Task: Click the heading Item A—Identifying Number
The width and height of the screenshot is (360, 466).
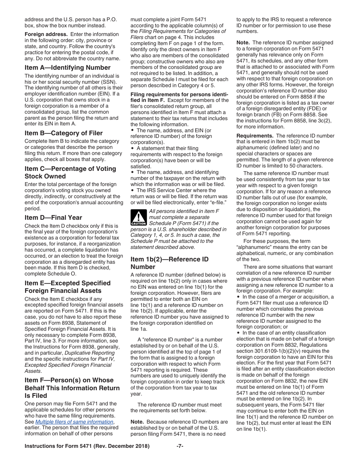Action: [x=67, y=68]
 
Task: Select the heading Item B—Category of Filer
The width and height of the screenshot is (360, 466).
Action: [x=64, y=133]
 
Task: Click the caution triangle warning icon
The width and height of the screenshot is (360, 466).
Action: [x=138, y=217]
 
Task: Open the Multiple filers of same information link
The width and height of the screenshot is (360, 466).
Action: [x=74, y=422]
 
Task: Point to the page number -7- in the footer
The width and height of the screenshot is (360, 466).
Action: [x=180, y=446]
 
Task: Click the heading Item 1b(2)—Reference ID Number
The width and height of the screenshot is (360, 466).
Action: [x=169, y=263]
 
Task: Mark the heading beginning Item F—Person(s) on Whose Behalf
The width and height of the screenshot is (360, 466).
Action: [x=72, y=388]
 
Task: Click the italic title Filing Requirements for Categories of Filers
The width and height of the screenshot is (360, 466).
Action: [x=182, y=34]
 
